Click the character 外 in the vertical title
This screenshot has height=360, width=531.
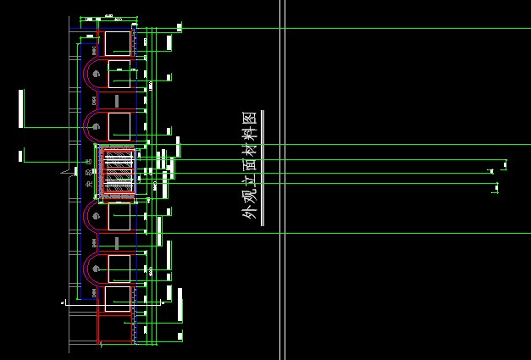249,213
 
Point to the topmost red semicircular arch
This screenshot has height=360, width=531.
94,73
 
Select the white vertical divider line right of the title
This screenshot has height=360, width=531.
285,180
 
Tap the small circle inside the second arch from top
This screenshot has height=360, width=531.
97,126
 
